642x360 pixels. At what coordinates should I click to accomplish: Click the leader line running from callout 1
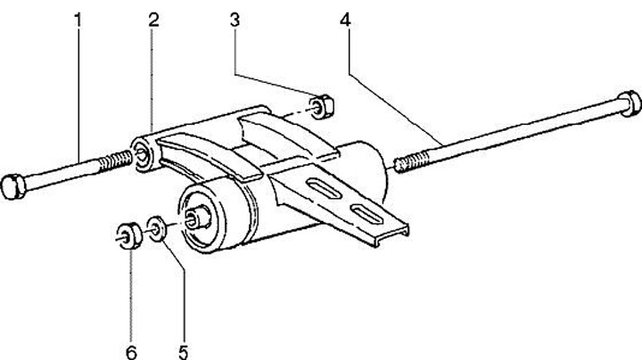(x=80, y=89)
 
